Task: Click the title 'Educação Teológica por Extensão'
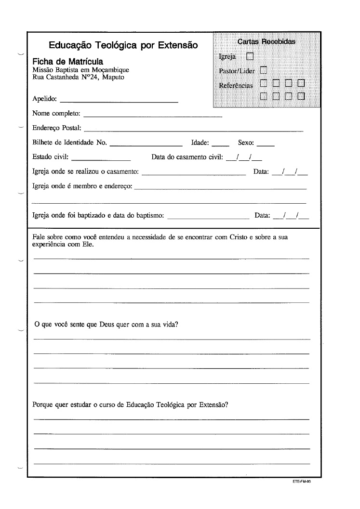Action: coord(123,45)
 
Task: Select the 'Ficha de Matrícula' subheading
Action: coord(67,62)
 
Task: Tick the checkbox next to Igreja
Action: coord(250,56)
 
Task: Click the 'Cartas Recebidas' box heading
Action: coord(267,41)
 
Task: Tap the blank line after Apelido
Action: coord(119,101)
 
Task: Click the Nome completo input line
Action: coord(153,116)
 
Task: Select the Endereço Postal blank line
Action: coord(194,130)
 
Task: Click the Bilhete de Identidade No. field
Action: coord(147,144)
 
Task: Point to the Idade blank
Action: coord(220,144)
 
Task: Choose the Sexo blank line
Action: coord(266,144)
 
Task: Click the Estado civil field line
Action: coord(101,158)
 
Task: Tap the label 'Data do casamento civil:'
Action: coord(187,157)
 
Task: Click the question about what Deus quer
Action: coord(107,325)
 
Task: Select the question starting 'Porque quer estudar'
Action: coord(130,405)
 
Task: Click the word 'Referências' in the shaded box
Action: coord(236,86)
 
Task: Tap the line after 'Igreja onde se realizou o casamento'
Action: coord(194,174)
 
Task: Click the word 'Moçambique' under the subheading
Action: coord(112,70)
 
